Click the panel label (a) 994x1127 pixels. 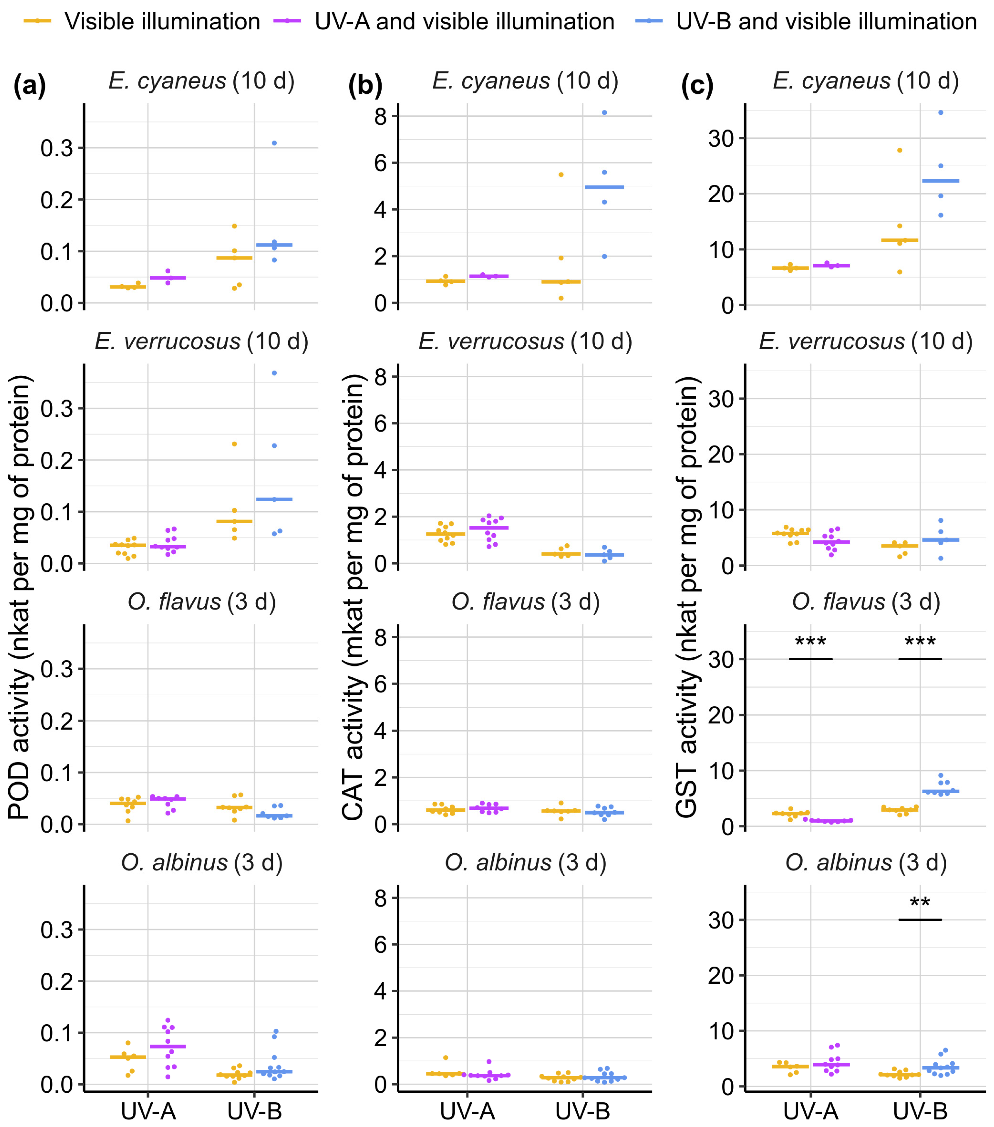point(30,86)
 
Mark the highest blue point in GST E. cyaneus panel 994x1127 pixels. point(941,112)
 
